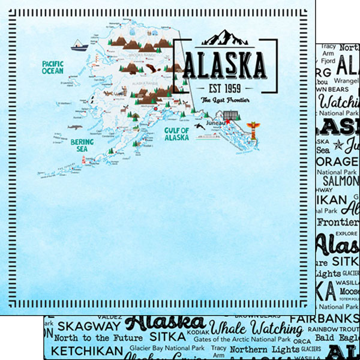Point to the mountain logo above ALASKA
(224, 38)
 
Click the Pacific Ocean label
(53, 67)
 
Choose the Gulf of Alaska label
(176, 133)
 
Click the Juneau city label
(213, 124)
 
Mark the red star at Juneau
(227, 122)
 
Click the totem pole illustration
(253, 130)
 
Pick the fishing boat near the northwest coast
(78, 44)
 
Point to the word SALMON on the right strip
(341, 181)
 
